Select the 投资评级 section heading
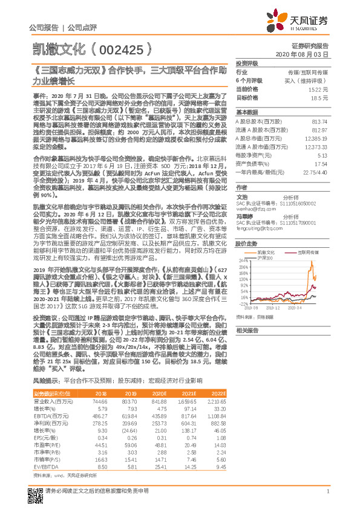tap(246, 63)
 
